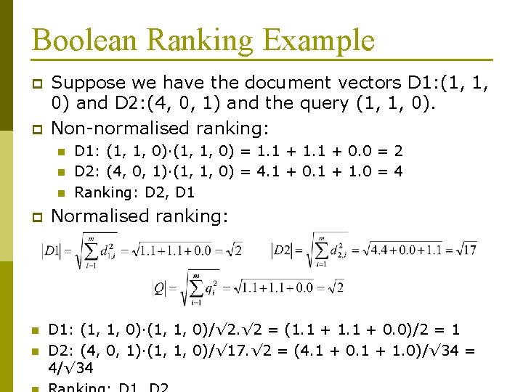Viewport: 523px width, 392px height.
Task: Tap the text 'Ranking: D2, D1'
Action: pyautogui.click(x=134, y=192)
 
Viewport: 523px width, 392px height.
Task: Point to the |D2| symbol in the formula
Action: pyautogui.click(x=281, y=250)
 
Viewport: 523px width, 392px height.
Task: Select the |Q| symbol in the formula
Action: pyautogui.click(x=160, y=288)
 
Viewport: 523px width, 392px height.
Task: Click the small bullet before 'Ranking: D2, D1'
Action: pyautogui.click(x=61, y=193)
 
